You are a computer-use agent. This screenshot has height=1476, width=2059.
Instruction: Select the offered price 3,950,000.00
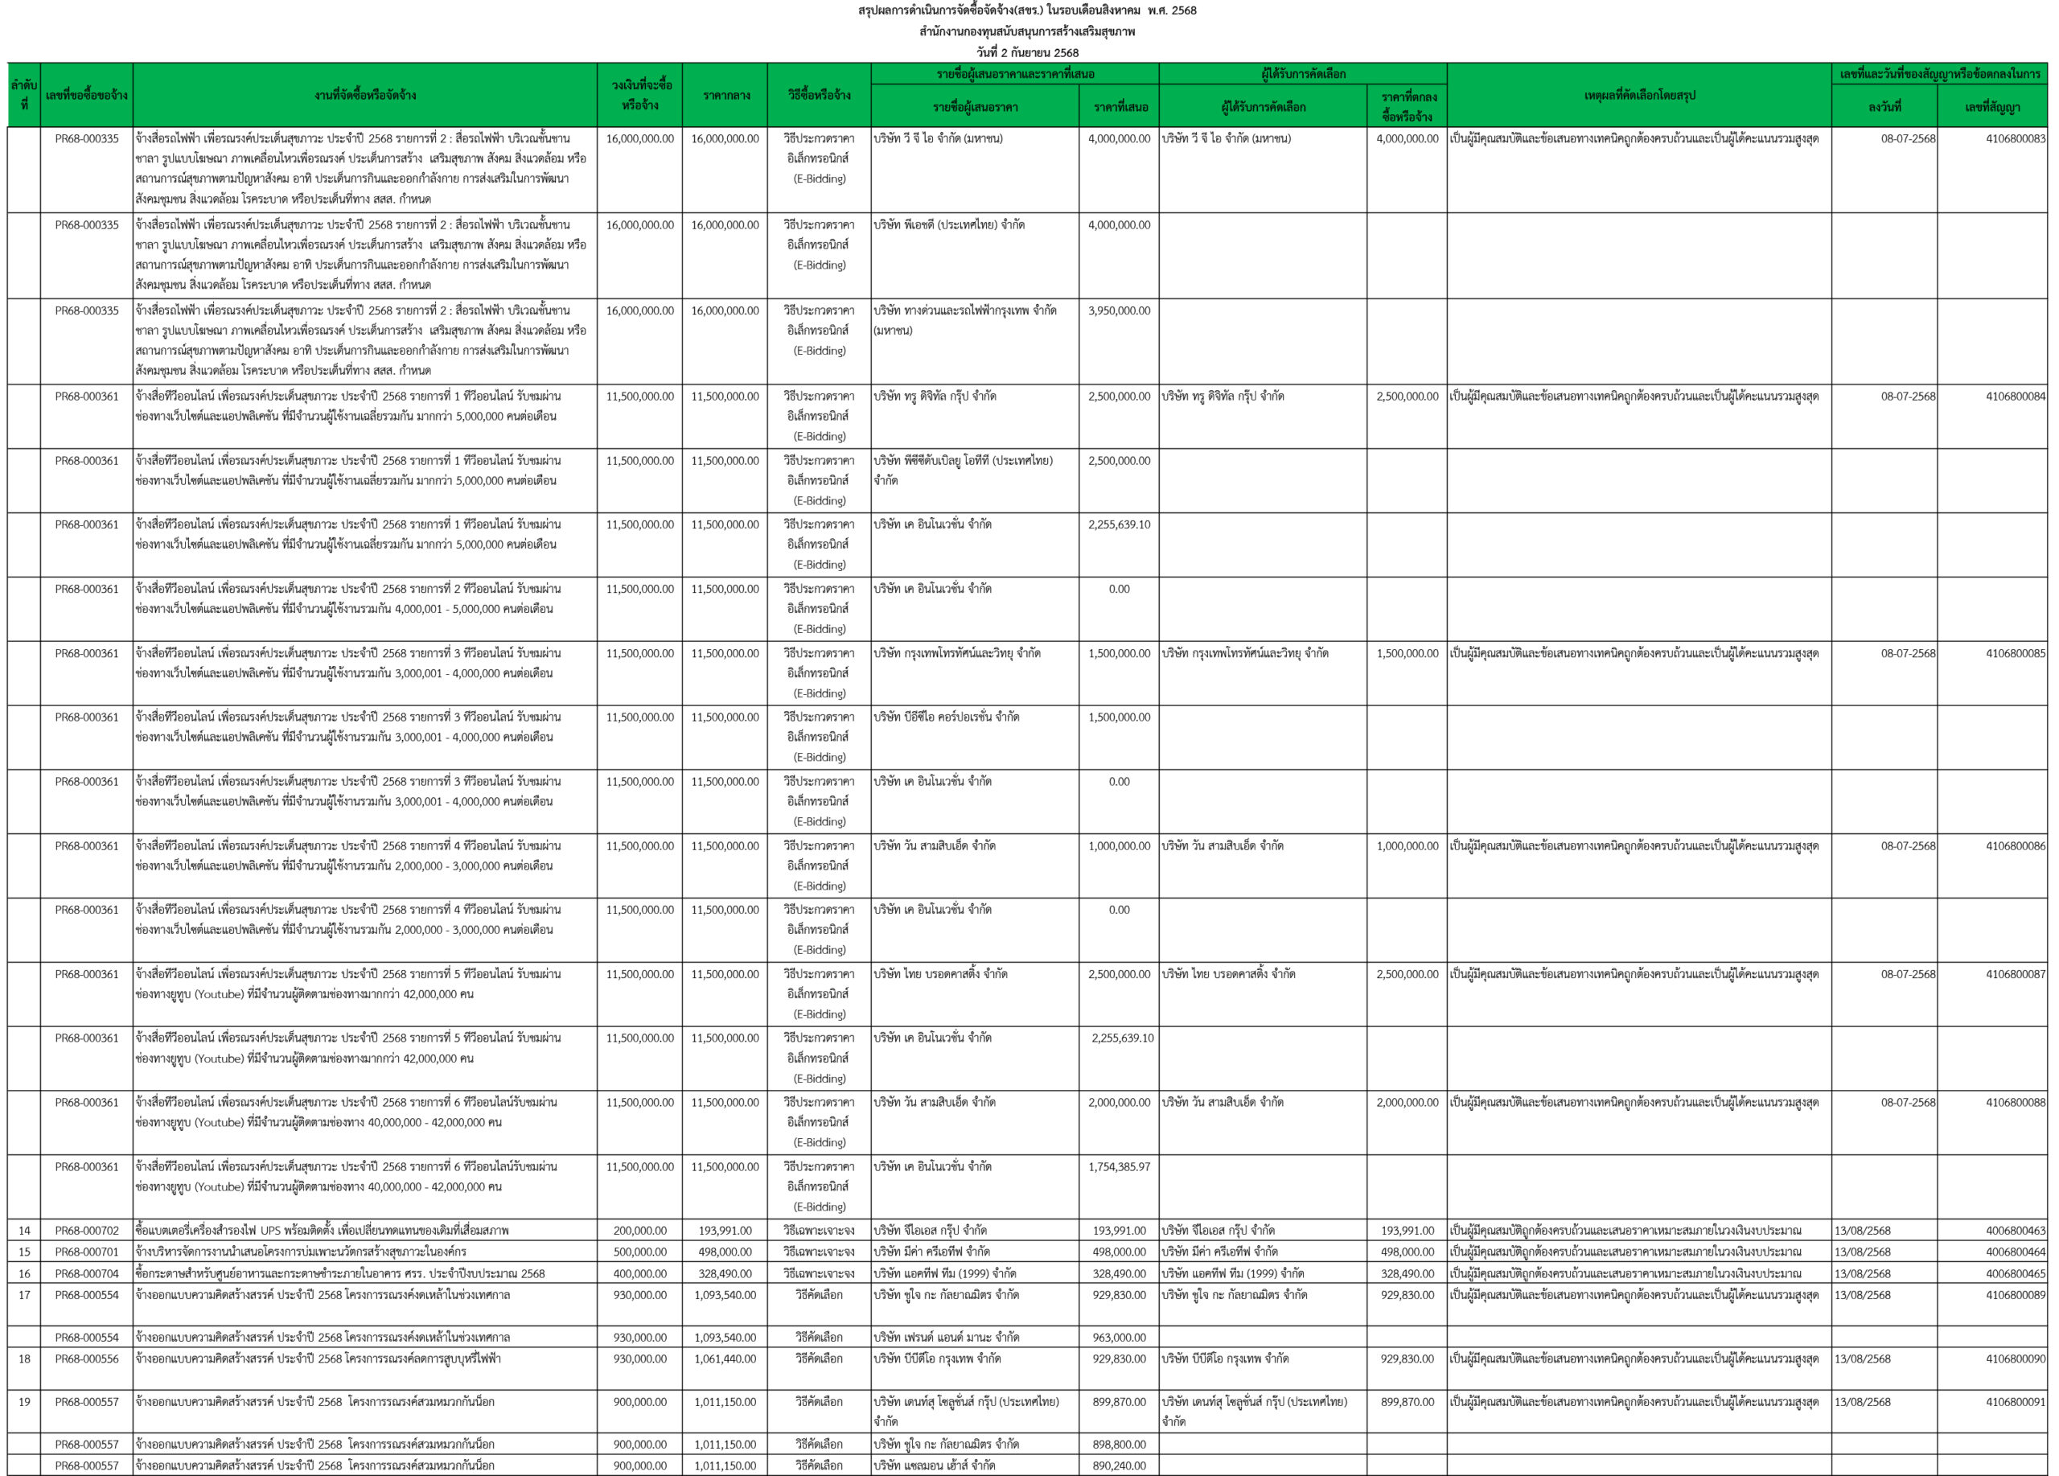pyautogui.click(x=1119, y=310)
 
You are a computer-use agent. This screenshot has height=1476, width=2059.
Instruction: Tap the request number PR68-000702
pyautogui.click(x=86, y=1230)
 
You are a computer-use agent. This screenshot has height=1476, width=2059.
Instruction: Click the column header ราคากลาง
pyautogui.click(x=725, y=94)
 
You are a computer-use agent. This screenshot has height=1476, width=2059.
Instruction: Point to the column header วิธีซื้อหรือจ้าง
pyautogui.click(x=819, y=94)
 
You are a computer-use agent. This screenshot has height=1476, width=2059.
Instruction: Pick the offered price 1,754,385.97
pyautogui.click(x=1119, y=1166)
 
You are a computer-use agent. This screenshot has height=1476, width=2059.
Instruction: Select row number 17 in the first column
pyautogui.click(x=24, y=1294)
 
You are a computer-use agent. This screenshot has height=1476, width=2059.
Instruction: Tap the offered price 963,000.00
pyautogui.click(x=1119, y=1337)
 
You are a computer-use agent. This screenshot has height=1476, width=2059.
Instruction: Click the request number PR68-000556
pyautogui.click(x=86, y=1359)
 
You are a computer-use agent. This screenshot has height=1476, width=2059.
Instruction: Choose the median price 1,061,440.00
pyautogui.click(x=725, y=1359)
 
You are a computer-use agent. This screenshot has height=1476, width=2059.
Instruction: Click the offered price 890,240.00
pyautogui.click(x=1119, y=1465)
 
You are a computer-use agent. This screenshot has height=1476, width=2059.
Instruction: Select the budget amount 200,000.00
pyautogui.click(x=640, y=1230)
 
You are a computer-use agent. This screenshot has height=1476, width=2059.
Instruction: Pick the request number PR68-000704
pyautogui.click(x=86, y=1273)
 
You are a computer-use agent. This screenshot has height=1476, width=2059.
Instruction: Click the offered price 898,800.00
pyautogui.click(x=1119, y=1445)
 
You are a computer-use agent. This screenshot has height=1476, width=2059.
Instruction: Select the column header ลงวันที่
pyautogui.click(x=1884, y=107)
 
